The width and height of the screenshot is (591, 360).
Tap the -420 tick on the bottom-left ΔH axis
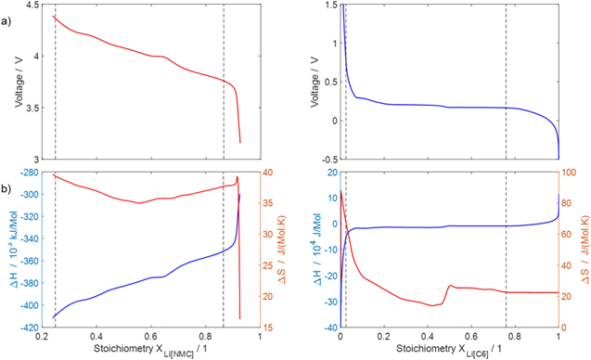coord(27,328)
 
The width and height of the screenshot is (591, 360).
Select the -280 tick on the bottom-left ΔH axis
coord(27,173)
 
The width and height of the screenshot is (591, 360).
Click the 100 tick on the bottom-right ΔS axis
coord(571,173)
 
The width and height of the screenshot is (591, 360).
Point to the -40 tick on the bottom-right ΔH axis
coord(326,328)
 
